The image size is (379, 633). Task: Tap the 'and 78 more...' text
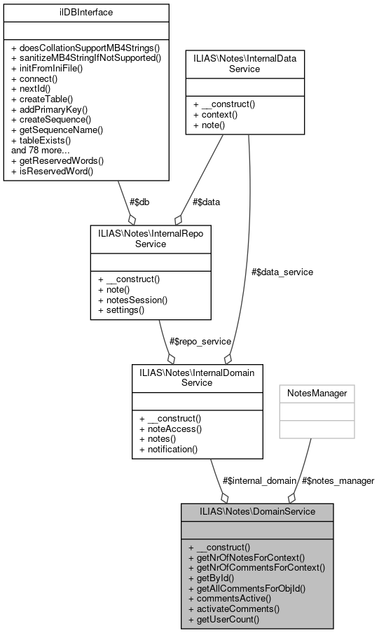click(x=41, y=150)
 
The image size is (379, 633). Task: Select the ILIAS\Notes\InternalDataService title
click(x=244, y=65)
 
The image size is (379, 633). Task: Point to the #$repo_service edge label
click(x=200, y=341)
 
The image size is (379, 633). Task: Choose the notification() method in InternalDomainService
click(x=169, y=448)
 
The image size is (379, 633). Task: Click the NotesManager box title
click(x=317, y=394)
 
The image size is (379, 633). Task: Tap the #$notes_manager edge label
click(x=338, y=480)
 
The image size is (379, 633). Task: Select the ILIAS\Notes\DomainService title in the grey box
click(x=257, y=511)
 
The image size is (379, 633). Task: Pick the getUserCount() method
click(x=228, y=619)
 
